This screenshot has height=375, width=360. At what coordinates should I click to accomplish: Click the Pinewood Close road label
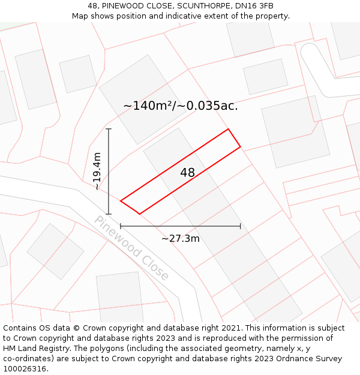pos(131,248)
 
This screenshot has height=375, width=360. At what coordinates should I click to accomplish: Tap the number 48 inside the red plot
pos(188,173)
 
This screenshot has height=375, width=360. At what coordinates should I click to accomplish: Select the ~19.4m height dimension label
pos(97,172)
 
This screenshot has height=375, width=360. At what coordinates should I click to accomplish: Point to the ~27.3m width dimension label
pos(181,238)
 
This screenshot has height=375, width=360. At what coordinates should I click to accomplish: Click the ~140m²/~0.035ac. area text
pos(180,106)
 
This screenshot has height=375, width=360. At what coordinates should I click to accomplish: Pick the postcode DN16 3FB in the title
pos(254,6)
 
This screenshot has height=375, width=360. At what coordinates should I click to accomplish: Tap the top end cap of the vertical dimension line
pos(109,129)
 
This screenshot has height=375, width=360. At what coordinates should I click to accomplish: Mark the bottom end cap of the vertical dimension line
pos(109,214)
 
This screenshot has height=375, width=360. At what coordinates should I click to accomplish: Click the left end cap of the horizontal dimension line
pos(121,226)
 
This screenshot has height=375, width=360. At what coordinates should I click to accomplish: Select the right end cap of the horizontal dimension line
pos(241,226)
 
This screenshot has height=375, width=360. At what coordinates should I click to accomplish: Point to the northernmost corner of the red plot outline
pos(228,129)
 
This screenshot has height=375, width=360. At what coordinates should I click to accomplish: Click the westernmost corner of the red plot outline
pos(121,201)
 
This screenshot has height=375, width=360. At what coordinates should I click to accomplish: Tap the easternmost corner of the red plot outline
pos(241,146)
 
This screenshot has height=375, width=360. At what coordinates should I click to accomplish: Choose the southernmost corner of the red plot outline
pos(139,214)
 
